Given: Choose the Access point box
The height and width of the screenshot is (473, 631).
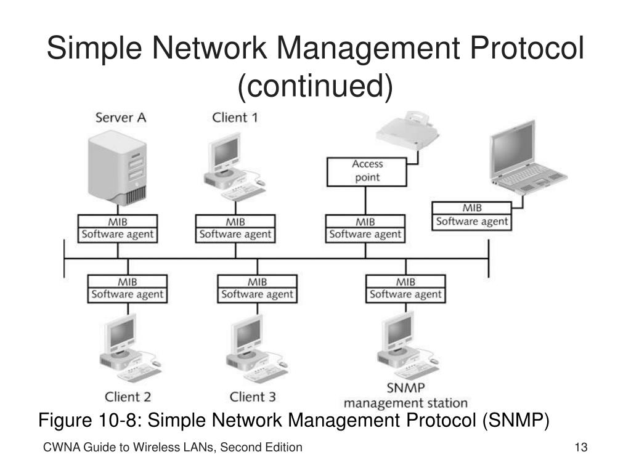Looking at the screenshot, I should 367,171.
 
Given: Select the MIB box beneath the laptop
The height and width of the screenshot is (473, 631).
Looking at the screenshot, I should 472,208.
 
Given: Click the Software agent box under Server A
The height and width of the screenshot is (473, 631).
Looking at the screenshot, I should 117,235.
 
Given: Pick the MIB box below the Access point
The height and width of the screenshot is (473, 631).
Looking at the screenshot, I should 365,221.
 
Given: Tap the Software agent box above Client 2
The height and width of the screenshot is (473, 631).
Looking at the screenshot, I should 128,294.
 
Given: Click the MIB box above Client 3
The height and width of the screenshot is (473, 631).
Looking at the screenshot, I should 257,281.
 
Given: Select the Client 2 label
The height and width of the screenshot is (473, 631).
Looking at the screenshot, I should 128,396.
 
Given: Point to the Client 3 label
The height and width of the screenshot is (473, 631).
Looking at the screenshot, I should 256,396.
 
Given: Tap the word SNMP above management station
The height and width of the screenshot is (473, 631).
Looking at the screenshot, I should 405,389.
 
